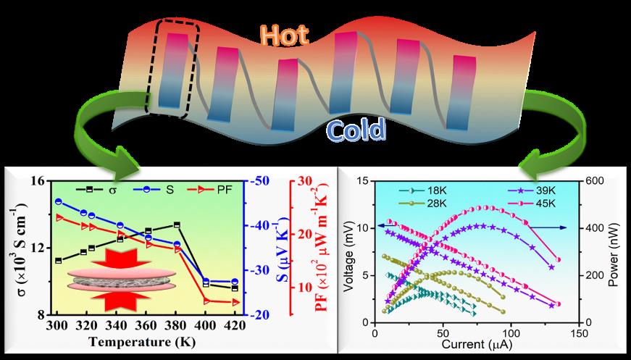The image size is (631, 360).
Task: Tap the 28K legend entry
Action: click(x=429, y=204)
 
